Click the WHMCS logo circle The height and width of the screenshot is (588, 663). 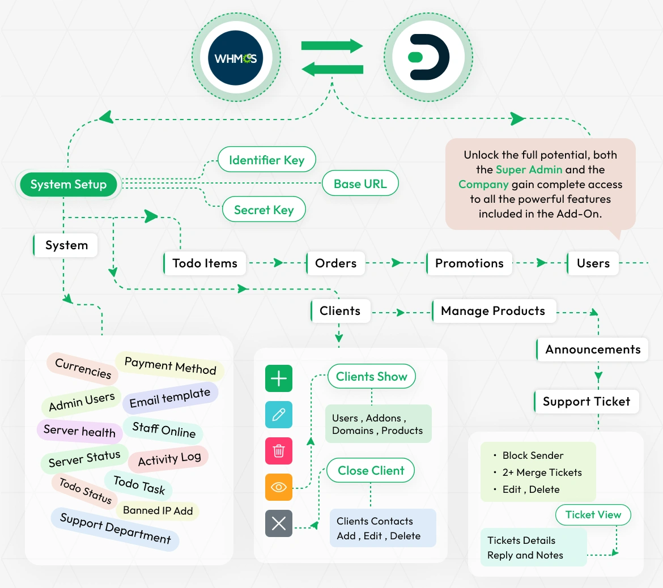(x=235, y=58)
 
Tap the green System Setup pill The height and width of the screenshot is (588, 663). (x=69, y=184)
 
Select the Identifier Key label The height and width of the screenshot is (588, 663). (x=266, y=160)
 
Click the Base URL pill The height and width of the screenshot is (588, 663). (x=360, y=184)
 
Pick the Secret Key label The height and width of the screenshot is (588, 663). (x=263, y=210)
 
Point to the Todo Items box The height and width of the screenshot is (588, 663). (x=205, y=263)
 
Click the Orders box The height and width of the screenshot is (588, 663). (x=335, y=263)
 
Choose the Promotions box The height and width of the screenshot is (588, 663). (x=469, y=263)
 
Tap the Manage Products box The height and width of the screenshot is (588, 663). (x=493, y=311)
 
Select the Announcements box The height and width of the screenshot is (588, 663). (x=593, y=350)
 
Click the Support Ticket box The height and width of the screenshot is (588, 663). (x=586, y=402)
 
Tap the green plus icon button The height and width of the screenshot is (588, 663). (x=279, y=378)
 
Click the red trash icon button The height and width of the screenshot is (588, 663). (x=279, y=451)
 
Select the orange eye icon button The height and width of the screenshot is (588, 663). (x=279, y=487)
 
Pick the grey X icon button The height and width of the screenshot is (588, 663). (x=279, y=523)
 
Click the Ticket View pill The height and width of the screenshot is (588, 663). (x=593, y=514)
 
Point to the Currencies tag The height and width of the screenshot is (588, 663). (x=83, y=369)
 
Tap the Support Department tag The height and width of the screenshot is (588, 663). (x=115, y=528)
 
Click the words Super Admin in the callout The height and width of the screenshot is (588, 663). (x=529, y=169)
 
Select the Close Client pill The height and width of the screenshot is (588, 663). (x=371, y=470)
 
